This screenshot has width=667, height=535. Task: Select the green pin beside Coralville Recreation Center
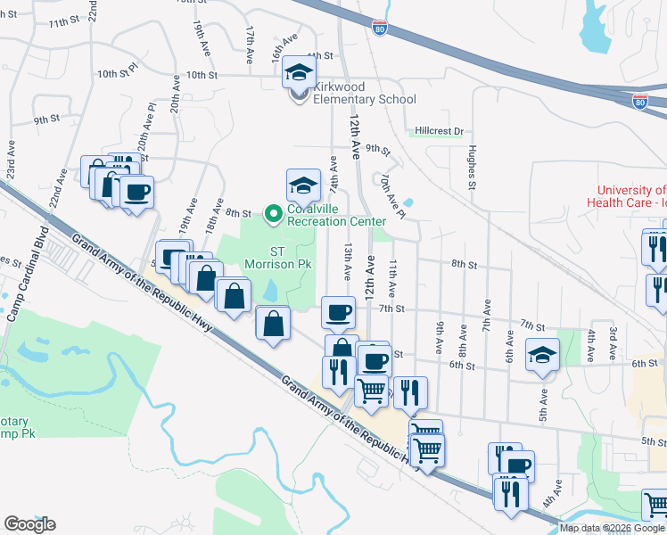pos(274,212)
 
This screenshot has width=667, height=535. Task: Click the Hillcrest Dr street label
pos(440,131)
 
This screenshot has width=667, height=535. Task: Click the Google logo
pos(29,524)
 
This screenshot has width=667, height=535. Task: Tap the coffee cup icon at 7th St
pos(338,312)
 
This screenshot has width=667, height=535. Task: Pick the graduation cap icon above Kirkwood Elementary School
pos(300,72)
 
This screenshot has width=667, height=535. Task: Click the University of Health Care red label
pos(630,196)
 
